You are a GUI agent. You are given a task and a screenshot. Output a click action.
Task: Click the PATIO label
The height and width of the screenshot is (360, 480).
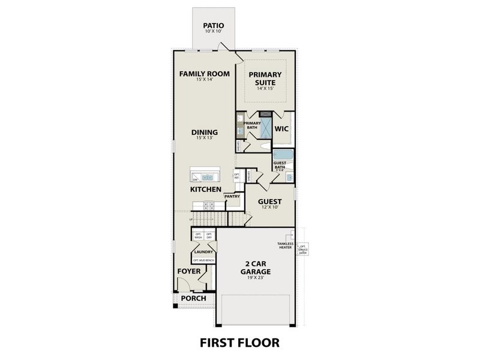click(213, 25)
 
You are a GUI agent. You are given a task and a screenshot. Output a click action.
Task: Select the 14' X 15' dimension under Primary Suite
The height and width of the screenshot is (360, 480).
click(265, 88)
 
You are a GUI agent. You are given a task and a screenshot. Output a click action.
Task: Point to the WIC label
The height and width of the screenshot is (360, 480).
click(283, 129)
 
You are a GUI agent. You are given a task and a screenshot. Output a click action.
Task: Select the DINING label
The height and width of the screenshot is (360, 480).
click(205, 132)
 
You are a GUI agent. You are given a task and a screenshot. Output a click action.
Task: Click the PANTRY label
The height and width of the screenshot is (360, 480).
click(232, 196)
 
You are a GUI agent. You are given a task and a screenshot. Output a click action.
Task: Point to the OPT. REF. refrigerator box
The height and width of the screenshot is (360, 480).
click(237, 177)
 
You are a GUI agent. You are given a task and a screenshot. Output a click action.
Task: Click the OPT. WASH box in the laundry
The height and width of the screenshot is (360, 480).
click(198, 236)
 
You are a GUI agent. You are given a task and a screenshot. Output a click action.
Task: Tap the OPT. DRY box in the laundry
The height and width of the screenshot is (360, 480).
click(209, 236)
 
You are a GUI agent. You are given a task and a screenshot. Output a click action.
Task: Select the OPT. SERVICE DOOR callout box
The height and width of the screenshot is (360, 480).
click(303, 249)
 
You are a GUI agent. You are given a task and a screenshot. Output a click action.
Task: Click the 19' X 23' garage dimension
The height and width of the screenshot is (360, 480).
click(256, 278)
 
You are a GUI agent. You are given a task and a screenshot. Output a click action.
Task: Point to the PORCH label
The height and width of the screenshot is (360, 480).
click(193, 298)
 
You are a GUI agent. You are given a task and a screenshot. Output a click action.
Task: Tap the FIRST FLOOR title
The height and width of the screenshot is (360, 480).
click(239, 343)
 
